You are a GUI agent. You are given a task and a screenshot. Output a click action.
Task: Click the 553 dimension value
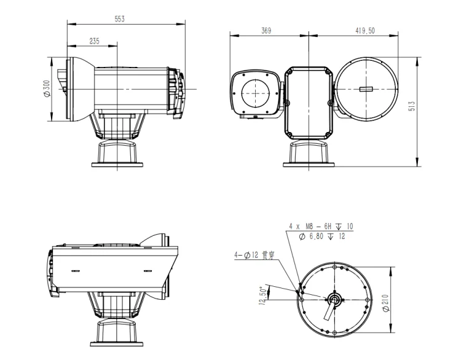120,19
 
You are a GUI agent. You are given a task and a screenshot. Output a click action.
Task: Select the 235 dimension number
94,41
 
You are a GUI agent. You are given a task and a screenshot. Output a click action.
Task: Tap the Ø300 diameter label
47,88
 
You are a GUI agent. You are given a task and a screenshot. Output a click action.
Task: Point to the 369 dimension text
266,31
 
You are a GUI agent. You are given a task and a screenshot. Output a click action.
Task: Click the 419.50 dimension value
365,31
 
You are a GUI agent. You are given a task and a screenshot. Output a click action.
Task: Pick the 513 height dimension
412,106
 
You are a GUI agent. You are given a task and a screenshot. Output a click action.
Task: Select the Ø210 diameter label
386,303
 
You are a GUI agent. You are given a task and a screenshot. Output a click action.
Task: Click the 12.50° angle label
262,295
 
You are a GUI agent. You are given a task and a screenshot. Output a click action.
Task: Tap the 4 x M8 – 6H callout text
310,226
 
